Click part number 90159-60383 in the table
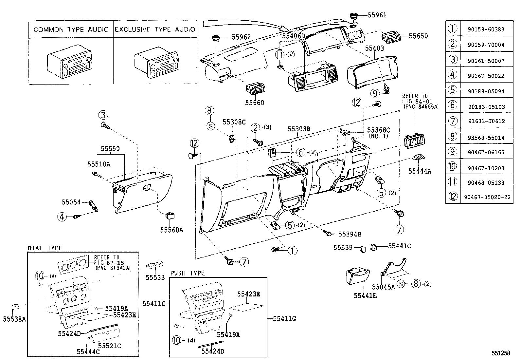coord(486,29)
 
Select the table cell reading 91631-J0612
coord(486,121)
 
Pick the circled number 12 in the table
coord(453,197)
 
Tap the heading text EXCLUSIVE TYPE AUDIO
coord(155,29)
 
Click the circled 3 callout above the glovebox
coord(103,115)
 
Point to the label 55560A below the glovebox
coord(171,230)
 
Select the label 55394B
coord(350,234)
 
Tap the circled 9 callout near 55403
coord(375,93)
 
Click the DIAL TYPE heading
coord(45,248)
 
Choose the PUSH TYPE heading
coord(187,273)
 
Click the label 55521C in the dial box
coord(110,346)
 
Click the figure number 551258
coord(501,353)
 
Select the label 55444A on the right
coord(420,171)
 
